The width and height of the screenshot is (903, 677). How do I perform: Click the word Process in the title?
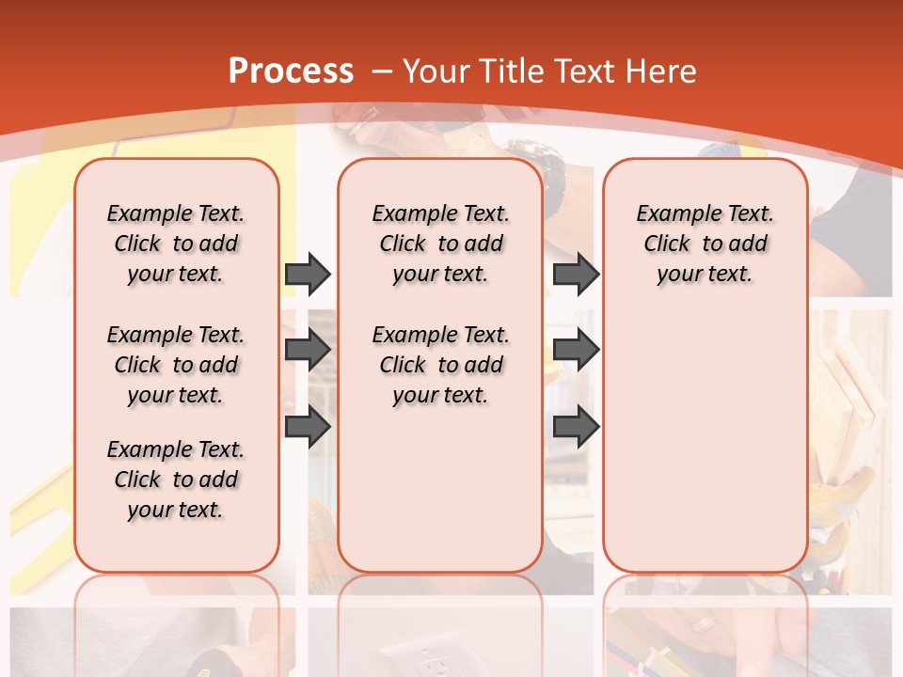(x=292, y=71)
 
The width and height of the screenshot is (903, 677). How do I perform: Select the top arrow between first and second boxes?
(x=308, y=275)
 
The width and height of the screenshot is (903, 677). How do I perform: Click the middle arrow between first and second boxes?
(x=308, y=350)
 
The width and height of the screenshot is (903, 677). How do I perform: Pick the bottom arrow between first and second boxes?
(x=308, y=427)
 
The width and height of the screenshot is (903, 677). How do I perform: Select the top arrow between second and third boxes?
(x=576, y=275)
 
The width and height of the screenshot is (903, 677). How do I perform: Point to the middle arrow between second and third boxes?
(x=576, y=350)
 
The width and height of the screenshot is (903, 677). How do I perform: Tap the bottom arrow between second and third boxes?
(x=576, y=427)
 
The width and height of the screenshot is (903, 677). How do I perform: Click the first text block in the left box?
(x=176, y=244)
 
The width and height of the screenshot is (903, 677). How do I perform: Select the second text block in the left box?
(x=176, y=365)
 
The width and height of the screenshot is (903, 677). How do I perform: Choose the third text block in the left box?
(x=176, y=480)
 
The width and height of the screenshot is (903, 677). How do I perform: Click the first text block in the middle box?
(x=440, y=244)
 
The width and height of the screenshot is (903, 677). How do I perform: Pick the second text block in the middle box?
(x=440, y=365)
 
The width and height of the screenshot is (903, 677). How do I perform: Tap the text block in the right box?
(x=705, y=244)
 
